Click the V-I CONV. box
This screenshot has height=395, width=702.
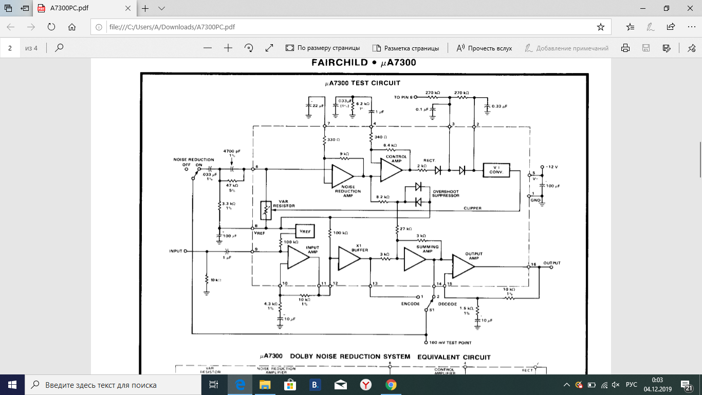tap(496, 170)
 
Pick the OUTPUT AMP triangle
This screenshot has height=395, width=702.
tap(462, 266)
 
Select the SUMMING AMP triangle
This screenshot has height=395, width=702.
tap(414, 259)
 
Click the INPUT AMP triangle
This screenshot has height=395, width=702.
tap(298, 257)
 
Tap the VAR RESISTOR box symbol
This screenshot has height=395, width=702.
tap(266, 210)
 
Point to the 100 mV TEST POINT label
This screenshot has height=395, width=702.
tap(451, 343)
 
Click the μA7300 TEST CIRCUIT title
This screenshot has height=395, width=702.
tap(362, 83)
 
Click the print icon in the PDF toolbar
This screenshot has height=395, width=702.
tap(625, 48)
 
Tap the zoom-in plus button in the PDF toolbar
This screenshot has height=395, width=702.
tap(228, 48)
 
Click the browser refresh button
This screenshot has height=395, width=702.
tap(51, 27)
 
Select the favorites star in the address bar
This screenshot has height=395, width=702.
tap(600, 27)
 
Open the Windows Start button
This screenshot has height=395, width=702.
tap(12, 385)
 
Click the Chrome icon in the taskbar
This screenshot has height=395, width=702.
tap(391, 385)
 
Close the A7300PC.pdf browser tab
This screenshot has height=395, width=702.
tap(128, 9)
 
